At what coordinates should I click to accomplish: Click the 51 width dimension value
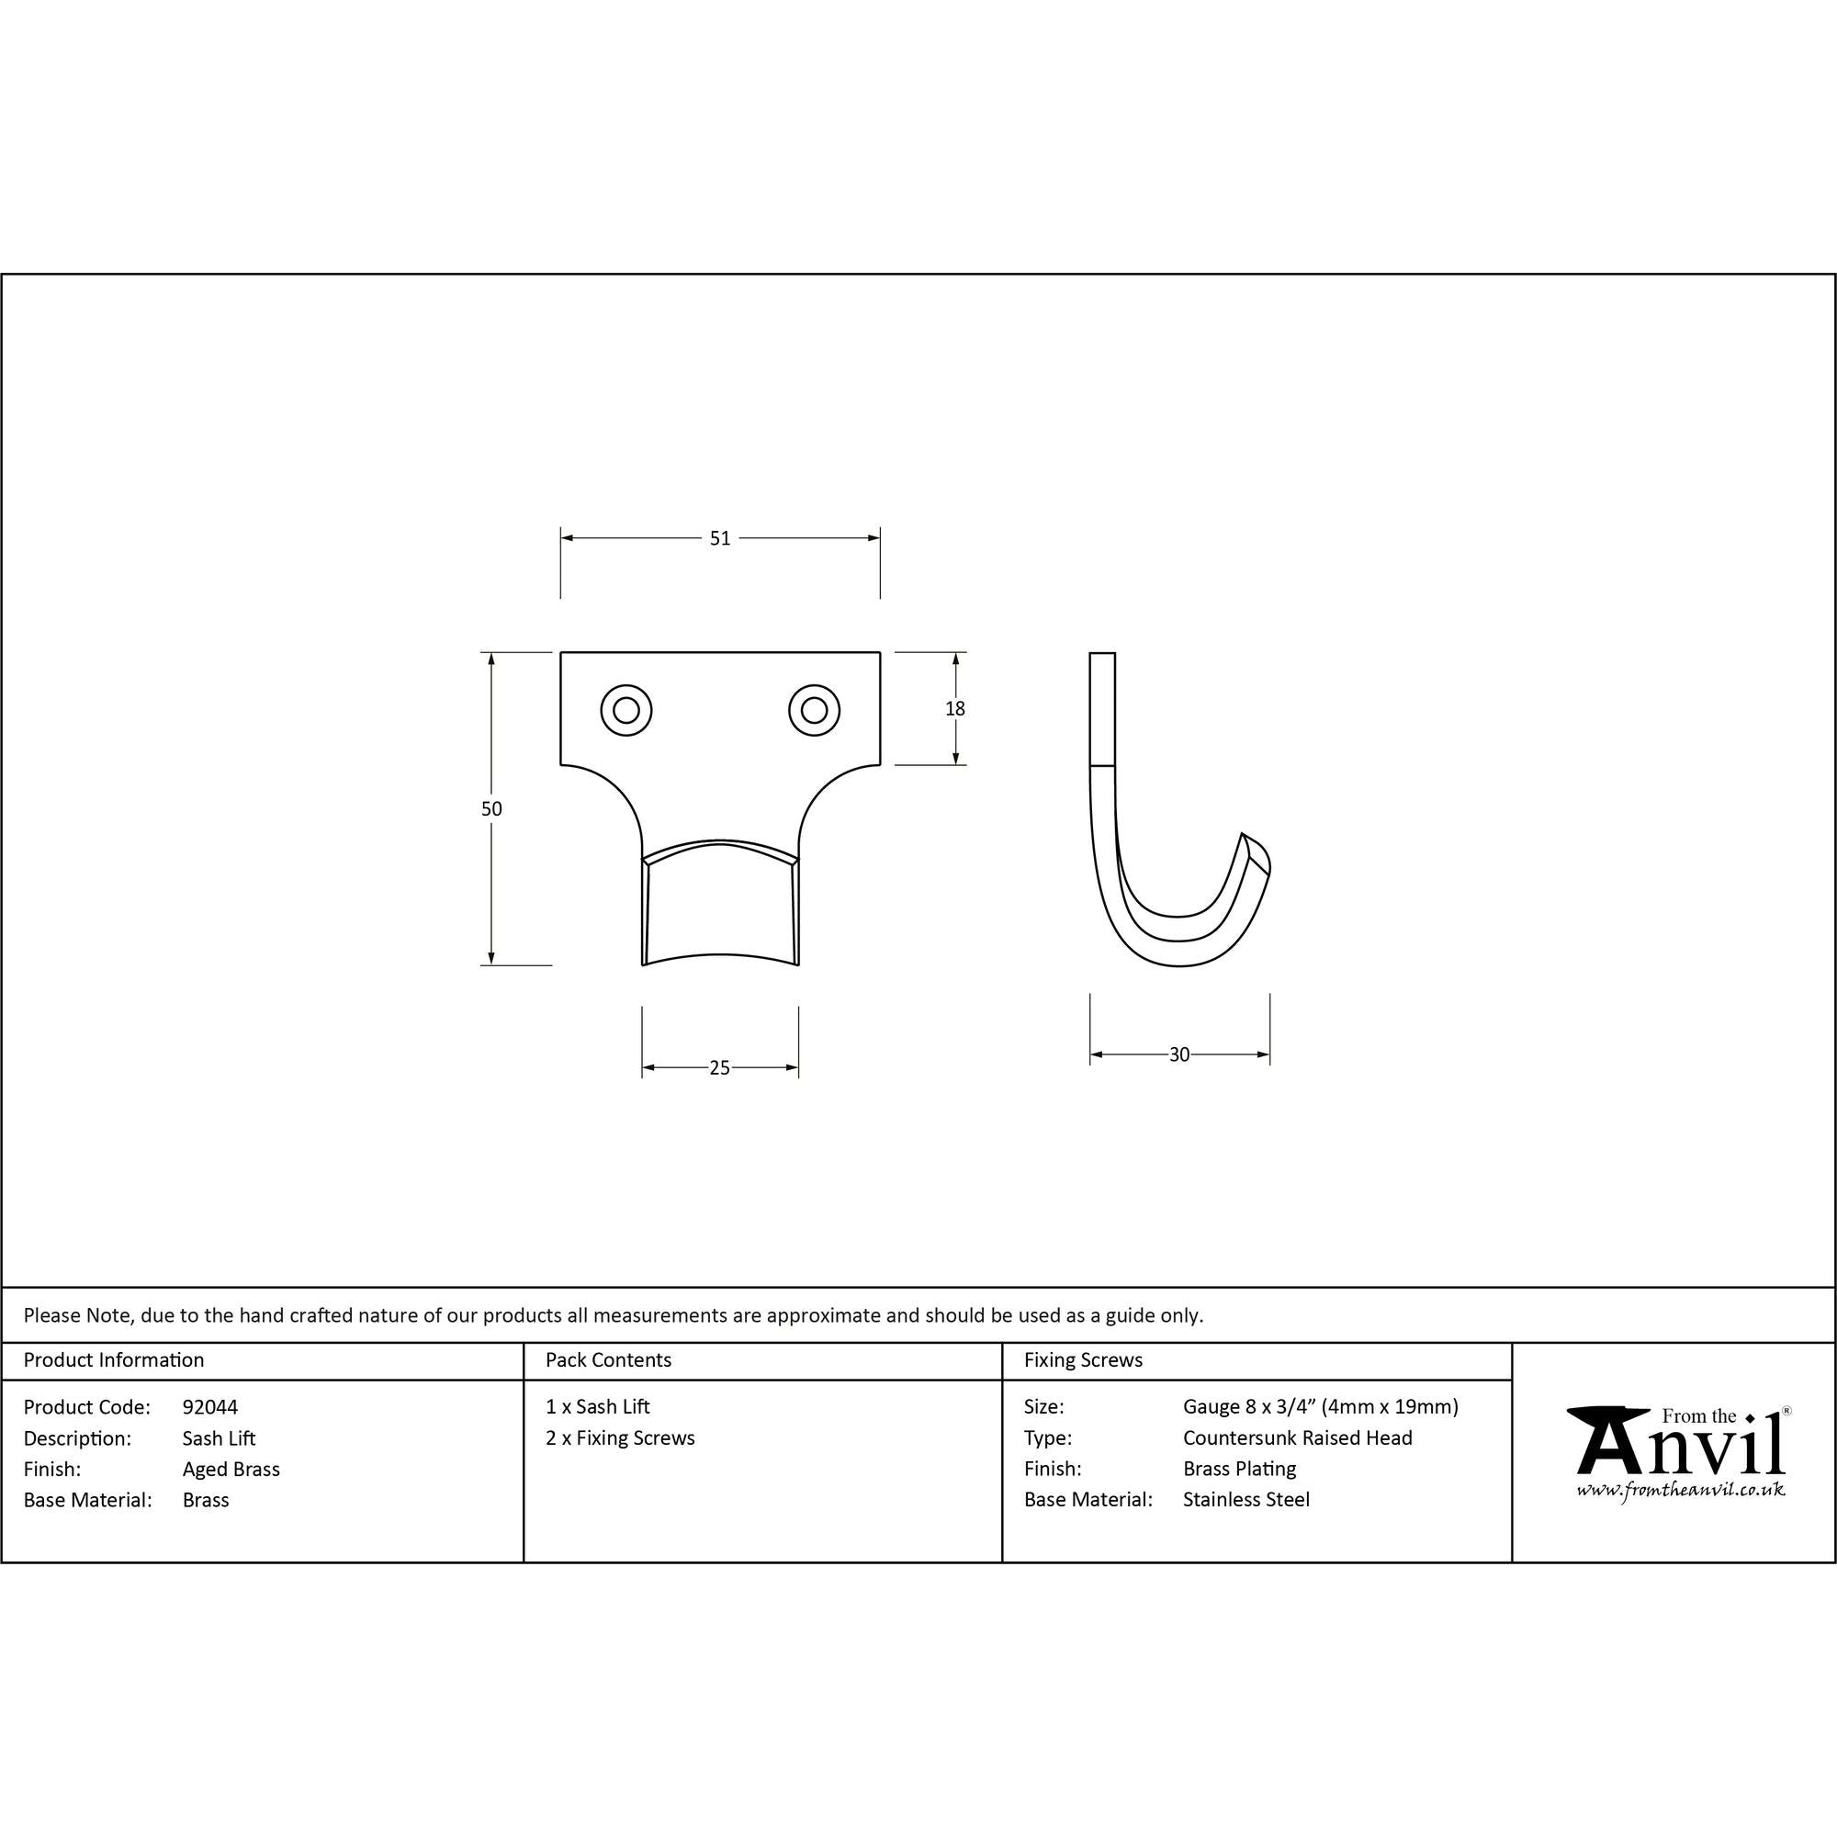pos(720,538)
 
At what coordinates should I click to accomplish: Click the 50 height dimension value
pos(490,809)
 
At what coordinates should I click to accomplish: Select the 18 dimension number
pos(954,708)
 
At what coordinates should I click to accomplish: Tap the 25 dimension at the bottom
pos(720,1068)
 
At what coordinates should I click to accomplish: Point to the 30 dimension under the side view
pos(1179,1054)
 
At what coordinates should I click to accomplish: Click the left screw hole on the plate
pos(625,709)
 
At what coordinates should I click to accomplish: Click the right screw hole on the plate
pos(814,709)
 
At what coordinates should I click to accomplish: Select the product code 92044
pos(210,1406)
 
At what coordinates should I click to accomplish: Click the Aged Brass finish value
pos(231,1469)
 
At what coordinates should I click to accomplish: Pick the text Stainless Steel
pos(1245,1500)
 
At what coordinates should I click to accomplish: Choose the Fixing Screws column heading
pos(1083,1359)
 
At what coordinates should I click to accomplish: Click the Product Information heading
pos(113,1359)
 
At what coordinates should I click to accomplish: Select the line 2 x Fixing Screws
pos(620,1437)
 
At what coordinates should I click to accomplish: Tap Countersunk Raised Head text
pos(1297,1437)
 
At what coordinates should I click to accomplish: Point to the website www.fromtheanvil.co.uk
pos(1680,1490)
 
